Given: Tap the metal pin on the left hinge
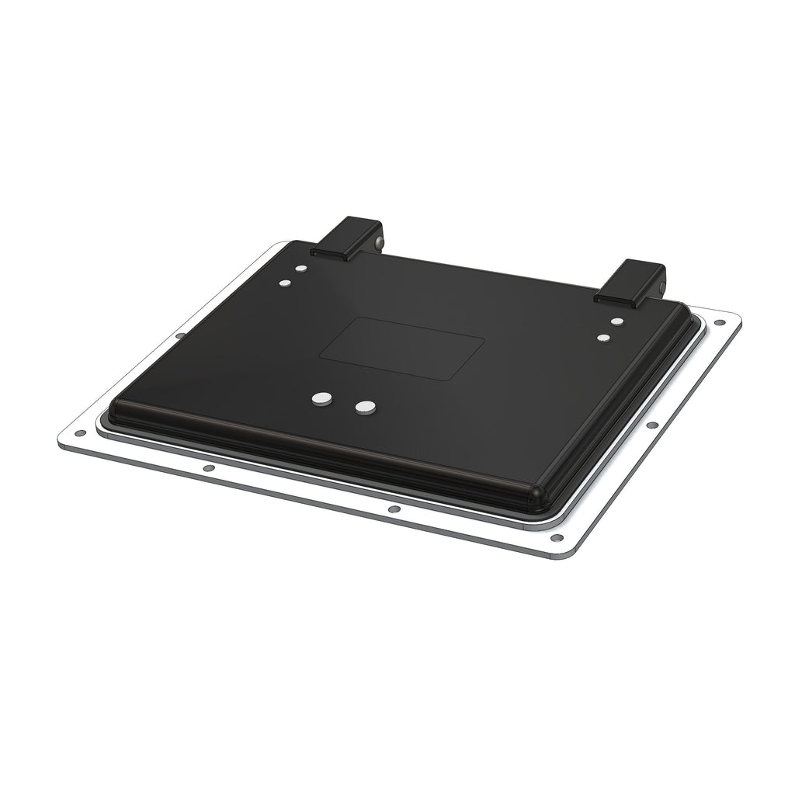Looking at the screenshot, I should (378, 243).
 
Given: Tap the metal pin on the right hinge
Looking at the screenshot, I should (660, 289).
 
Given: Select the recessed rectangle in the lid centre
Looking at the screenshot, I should (402, 349).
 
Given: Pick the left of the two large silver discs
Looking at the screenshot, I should (321, 399).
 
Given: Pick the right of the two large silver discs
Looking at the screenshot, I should (364, 406).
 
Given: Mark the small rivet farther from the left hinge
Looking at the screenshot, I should (286, 283).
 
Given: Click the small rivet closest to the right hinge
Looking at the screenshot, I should (617, 321).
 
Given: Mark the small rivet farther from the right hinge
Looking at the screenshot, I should (603, 338).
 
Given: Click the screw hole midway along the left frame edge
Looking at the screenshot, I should (180, 335).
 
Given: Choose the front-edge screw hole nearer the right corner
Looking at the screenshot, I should (394, 509).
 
